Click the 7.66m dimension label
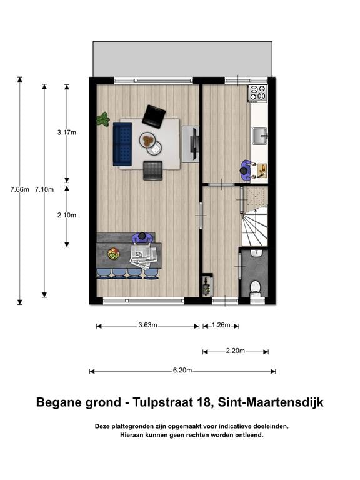click(19, 189)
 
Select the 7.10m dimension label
click(44, 189)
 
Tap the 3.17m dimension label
click(67, 132)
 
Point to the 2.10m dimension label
click(67, 215)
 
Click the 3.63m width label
click(147, 326)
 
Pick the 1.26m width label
click(221, 326)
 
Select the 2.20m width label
click(236, 351)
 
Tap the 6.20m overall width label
click(182, 371)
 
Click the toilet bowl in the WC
click(255, 287)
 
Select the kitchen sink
click(259, 134)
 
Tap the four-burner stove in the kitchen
click(258, 93)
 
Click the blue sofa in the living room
click(122, 144)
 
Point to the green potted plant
click(103, 119)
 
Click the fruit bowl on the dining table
click(113, 254)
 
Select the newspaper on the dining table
click(143, 256)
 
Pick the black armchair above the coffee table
click(154, 116)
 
